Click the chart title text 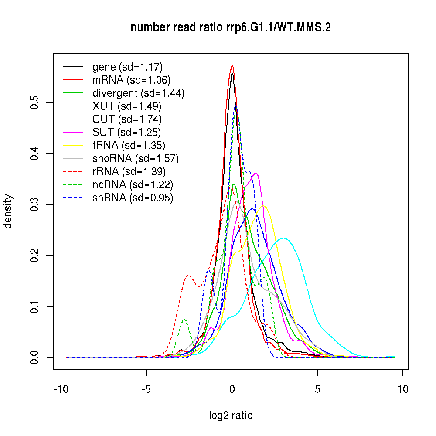coord(231,28)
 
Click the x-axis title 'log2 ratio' coord(231,416)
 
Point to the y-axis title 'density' coord(8,211)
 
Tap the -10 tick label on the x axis coord(61,389)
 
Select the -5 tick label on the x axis coord(146,389)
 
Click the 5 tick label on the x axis coord(317,389)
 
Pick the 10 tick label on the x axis coord(402,389)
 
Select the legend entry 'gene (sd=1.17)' coord(127,67)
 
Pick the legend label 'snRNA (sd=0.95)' coord(133,198)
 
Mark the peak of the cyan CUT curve coord(284,238)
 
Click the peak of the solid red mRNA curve coord(232,65)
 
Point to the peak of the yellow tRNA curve coord(263,206)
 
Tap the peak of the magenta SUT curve coord(256,173)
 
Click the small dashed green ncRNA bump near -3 coord(184,320)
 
